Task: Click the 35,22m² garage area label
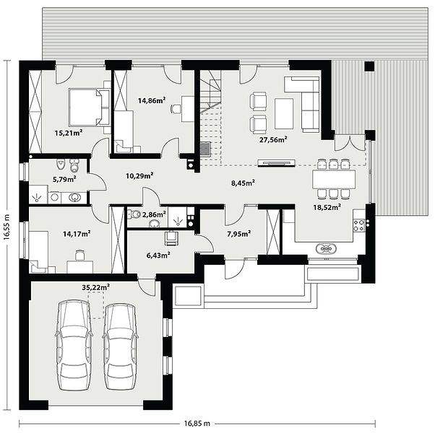[x=95, y=287]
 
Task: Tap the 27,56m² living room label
[x=273, y=139]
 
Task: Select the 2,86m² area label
[x=154, y=214]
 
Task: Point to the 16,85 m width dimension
[x=197, y=424]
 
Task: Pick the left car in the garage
[x=74, y=346]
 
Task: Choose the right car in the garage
[x=121, y=346]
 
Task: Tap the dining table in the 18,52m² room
[x=334, y=179]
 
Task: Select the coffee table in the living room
[x=284, y=113]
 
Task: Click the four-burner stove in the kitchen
[x=358, y=225]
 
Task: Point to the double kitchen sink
[x=326, y=248]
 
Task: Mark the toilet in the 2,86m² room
[x=134, y=214]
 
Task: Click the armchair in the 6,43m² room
[x=172, y=238]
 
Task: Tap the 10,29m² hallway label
[x=140, y=175]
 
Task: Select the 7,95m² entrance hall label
[x=239, y=234]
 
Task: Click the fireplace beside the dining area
[x=276, y=162]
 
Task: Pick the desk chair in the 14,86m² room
[x=176, y=108]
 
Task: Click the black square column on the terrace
[x=369, y=67]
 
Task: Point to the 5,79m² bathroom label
[x=64, y=179]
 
